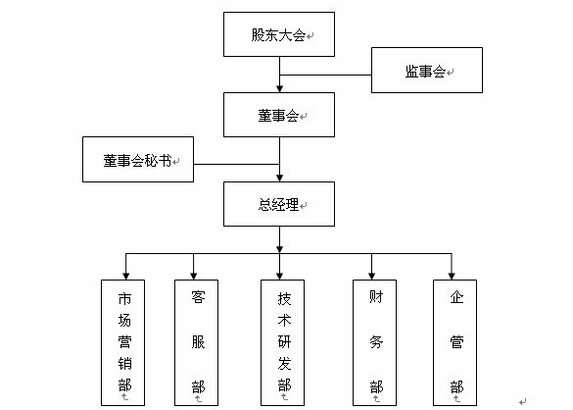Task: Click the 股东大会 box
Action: pos(279,34)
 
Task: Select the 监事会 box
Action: pos(427,70)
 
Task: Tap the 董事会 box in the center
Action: pos(279,115)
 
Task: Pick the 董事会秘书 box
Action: pos(138,159)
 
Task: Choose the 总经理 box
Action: pos(279,204)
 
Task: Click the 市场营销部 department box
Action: pos(122,342)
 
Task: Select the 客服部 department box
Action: pos(196,342)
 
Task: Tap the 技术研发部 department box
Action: pos(282,342)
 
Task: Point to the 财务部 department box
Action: pos(374,342)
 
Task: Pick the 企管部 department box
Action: pos(454,342)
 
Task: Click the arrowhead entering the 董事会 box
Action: pos(279,89)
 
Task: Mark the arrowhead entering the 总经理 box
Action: pos(279,178)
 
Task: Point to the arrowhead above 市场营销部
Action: pos(125,277)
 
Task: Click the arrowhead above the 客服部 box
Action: pos(193,277)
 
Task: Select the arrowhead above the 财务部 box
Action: pos(371,277)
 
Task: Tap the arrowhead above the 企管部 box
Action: pos(452,277)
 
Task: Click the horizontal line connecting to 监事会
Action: pos(325,76)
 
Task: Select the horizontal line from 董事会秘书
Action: pos(236,165)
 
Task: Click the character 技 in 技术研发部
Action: pos(284,299)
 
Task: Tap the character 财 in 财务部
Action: pos(376,297)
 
